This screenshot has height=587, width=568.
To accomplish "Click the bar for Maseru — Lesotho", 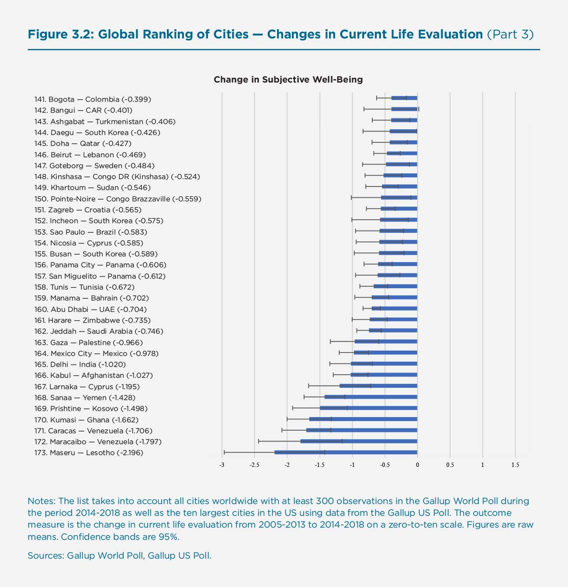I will tap(346, 452).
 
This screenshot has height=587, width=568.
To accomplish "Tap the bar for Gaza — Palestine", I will tap(386, 342).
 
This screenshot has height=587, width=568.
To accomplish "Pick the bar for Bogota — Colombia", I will tap(404, 98).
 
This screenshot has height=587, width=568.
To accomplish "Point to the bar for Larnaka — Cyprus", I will tap(378, 386).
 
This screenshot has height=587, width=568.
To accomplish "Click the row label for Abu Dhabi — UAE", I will tap(90, 309).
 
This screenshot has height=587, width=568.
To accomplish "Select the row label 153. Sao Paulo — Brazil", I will tap(90, 232).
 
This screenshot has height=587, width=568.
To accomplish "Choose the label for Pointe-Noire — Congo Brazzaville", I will tap(118, 199).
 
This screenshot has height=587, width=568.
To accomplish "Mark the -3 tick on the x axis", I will tap(222, 465).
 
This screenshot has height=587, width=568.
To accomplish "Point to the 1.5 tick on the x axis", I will tap(515, 465).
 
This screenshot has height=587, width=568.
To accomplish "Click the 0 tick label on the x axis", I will tap(417, 465).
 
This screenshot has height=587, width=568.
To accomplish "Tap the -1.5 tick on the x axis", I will tap(319, 465).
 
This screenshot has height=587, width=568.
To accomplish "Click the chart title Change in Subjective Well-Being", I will tap(288, 79).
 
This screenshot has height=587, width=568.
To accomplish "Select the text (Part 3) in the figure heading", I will tap(510, 34).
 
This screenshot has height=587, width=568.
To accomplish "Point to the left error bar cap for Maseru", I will tap(224, 452).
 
